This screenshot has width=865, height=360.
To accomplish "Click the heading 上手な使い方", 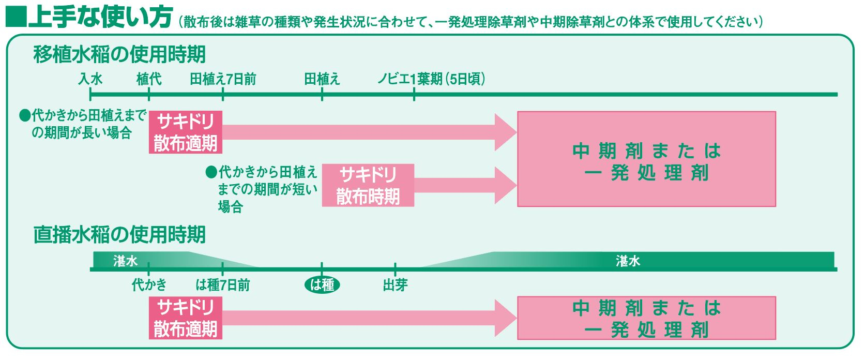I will click(100, 17).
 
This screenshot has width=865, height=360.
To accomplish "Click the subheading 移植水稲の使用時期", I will click(119, 54).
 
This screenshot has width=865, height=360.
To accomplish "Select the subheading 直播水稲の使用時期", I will click(119, 234).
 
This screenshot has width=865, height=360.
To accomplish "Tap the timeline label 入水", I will click(90, 79).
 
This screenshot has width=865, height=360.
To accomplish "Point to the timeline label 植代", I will click(149, 79).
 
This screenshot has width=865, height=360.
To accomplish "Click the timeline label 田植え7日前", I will click(223, 79).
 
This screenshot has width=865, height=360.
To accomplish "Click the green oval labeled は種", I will click(322, 285).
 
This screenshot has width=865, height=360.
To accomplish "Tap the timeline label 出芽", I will click(395, 285).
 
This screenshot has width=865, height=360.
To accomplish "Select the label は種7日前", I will click(222, 285).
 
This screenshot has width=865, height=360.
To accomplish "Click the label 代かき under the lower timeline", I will click(149, 285).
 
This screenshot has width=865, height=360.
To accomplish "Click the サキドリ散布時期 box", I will click(368, 185).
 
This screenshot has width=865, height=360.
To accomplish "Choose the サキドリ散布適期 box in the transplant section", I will click(186, 132).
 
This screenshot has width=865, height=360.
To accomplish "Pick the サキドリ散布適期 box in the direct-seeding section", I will click(186, 318).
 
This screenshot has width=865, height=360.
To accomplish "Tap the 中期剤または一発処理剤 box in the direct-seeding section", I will click(646, 318).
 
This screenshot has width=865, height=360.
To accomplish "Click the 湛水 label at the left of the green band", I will click(125, 261).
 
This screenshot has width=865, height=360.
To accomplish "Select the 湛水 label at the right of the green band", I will click(628, 260).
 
